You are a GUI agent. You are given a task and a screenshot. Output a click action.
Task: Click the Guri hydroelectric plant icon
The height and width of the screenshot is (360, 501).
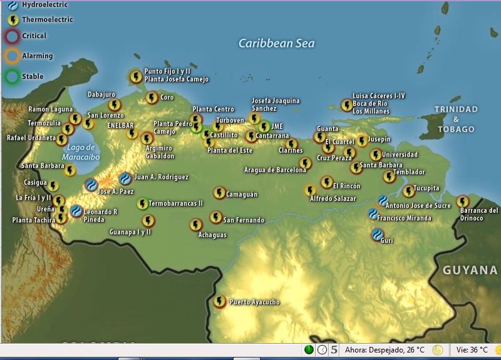(377, 235)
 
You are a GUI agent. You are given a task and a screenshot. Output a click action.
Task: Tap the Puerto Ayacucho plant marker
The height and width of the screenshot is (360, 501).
(219, 302)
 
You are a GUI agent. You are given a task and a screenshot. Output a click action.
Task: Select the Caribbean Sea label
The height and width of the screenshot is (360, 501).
(276, 43)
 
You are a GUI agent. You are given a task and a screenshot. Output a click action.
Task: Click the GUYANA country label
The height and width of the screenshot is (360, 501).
(470, 270)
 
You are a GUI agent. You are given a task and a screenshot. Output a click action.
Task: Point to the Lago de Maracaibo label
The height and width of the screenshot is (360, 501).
(81, 152)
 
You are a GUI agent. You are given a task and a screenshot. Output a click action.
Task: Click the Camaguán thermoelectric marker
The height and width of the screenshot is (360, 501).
(219, 193)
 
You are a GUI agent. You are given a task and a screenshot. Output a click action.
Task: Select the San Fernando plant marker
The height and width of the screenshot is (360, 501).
(216, 217)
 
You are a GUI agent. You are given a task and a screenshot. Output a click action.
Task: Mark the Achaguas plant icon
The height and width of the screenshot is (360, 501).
(196, 224)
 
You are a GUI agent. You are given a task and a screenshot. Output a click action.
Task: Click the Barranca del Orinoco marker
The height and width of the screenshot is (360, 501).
(463, 202)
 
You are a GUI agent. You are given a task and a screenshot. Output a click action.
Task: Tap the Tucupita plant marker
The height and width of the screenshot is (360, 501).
(408, 191)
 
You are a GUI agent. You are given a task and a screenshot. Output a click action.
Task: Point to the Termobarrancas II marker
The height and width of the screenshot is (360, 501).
(143, 203)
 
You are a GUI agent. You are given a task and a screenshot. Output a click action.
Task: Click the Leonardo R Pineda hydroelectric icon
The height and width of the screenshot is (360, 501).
(76, 212)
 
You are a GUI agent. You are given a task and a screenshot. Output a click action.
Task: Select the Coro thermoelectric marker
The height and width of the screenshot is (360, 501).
(152, 98)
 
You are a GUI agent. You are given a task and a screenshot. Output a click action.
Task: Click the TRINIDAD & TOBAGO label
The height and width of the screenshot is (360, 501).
(456, 119)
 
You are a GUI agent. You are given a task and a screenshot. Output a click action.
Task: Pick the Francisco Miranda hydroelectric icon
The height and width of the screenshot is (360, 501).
(373, 214)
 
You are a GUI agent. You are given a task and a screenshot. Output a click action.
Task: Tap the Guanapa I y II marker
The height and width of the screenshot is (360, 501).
(148, 220)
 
